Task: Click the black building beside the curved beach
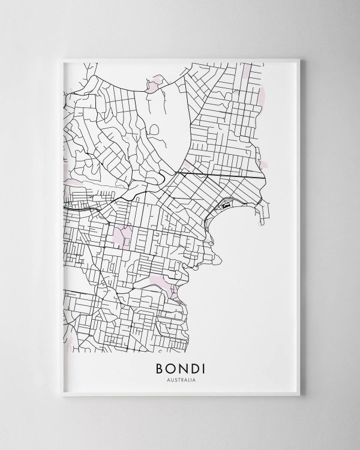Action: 226,205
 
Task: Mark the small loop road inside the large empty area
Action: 154,128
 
